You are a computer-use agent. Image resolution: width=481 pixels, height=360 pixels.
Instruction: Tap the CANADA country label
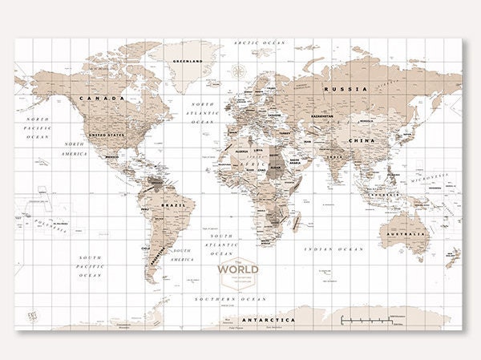click(102, 99)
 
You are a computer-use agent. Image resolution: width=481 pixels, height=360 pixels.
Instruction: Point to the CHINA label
click(362, 140)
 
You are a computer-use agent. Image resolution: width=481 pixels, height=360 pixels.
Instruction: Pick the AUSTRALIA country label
click(406, 234)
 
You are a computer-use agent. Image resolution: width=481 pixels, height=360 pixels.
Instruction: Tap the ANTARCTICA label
click(269, 320)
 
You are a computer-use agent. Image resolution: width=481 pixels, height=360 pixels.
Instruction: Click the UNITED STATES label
click(107, 136)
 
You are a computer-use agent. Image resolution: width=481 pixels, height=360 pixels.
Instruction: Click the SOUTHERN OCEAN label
click(231, 298)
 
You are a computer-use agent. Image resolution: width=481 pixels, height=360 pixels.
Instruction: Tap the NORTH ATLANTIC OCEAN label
click(203, 112)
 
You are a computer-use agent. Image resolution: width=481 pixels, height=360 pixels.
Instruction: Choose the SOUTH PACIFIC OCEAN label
click(90, 266)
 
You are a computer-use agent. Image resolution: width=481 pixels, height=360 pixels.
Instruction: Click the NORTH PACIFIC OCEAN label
click(37, 128)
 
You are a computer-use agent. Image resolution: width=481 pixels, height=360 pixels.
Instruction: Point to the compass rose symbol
click(237, 71)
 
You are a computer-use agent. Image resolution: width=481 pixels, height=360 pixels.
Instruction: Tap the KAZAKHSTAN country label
click(322, 116)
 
